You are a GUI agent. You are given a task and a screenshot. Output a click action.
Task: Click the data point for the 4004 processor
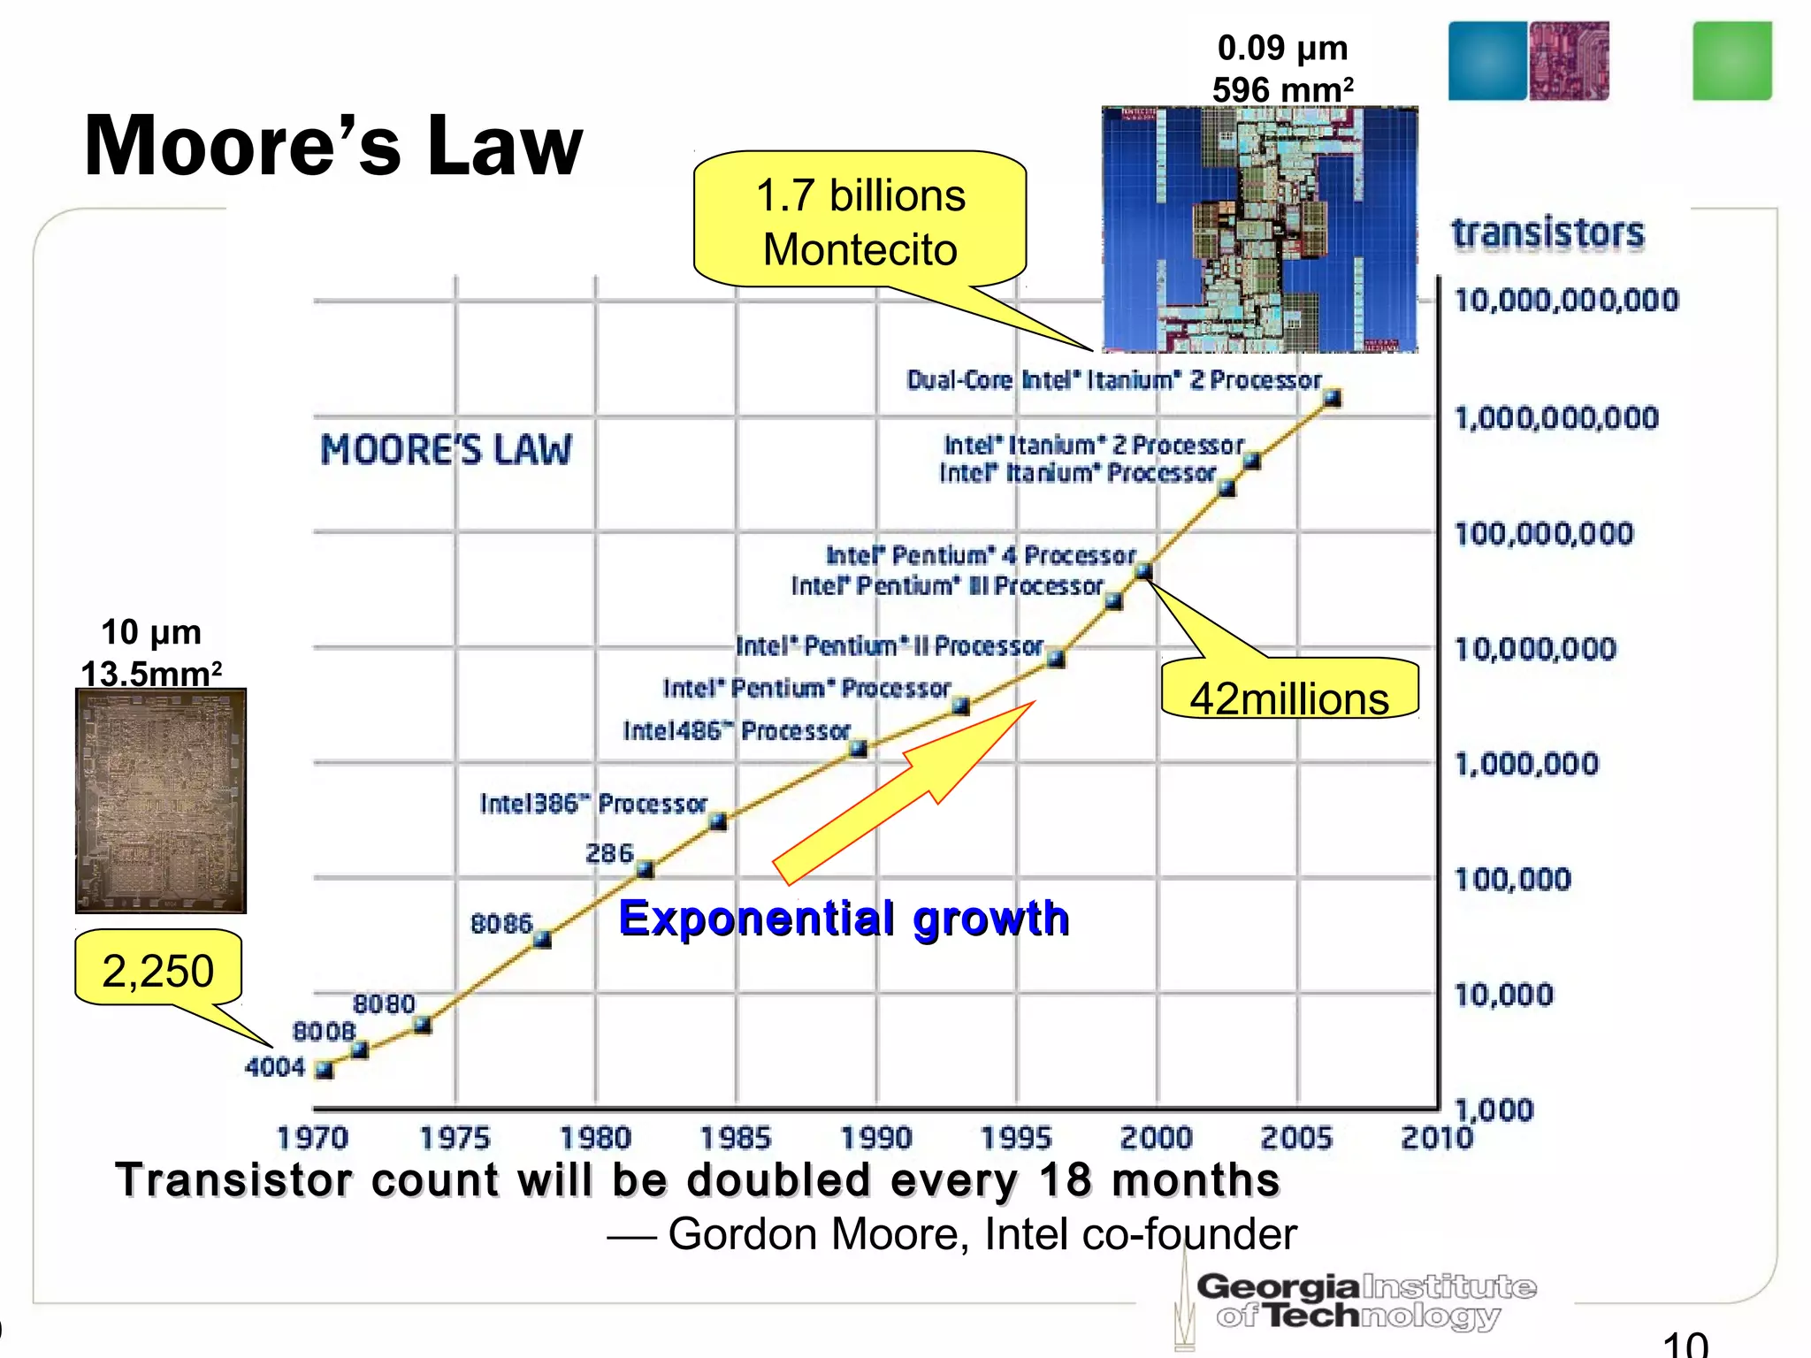tap(325, 1070)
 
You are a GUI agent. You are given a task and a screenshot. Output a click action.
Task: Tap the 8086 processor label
tap(501, 924)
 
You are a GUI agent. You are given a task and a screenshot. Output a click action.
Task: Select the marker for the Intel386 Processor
tap(718, 822)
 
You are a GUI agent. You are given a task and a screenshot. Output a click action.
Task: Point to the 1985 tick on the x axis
tap(736, 1138)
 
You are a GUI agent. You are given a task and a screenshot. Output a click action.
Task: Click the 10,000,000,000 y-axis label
tap(1566, 301)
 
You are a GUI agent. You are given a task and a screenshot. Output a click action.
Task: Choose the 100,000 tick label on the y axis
tap(1513, 880)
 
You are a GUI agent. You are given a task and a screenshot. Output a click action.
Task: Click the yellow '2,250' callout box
tap(158, 969)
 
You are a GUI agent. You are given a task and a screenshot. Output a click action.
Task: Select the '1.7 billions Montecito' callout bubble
tap(860, 221)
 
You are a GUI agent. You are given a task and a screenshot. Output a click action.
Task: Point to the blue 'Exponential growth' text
tap(844, 919)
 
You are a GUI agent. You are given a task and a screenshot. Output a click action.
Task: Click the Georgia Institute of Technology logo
tap(1362, 1301)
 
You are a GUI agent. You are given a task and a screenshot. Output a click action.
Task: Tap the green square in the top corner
tap(1731, 61)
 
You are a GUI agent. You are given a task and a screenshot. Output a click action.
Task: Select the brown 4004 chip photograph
tap(161, 801)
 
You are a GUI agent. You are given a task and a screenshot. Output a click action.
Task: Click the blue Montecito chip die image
tap(1259, 230)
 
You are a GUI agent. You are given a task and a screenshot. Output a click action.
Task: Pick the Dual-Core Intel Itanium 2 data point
tap(1332, 398)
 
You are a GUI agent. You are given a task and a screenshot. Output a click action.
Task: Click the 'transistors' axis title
tap(1547, 233)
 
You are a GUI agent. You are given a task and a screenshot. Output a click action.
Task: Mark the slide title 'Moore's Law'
tap(333, 147)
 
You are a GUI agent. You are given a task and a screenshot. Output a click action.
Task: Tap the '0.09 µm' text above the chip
tap(1282, 48)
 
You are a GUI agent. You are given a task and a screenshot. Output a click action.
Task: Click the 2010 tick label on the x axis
tap(1437, 1138)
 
